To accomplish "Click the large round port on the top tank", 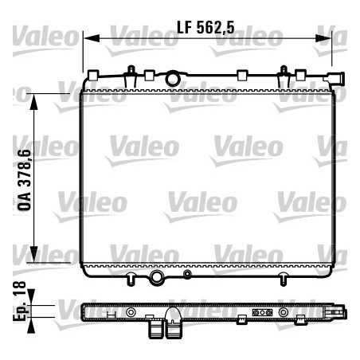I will (x=173, y=80).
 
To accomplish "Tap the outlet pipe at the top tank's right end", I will (x=337, y=80).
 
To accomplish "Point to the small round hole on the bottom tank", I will (x=187, y=276).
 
